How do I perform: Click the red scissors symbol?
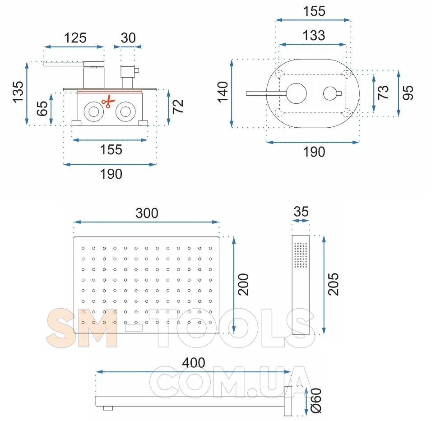[108, 102]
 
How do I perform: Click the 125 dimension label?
[75, 38]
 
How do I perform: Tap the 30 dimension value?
[128, 38]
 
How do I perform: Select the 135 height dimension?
[18, 93]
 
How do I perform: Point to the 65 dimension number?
[42, 108]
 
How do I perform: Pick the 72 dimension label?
[178, 106]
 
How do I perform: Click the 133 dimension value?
[314, 36]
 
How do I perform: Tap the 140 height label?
[223, 93]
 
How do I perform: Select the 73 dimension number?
[383, 93]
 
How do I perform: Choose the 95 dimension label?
[408, 93]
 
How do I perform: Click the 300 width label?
[147, 213]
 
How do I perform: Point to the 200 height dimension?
[243, 284]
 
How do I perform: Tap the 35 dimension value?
[301, 212]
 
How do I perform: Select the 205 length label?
[334, 284]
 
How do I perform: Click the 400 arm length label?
[194, 363]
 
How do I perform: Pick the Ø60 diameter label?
[316, 401]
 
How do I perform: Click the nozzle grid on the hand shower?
[301, 255]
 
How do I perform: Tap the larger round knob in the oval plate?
[297, 93]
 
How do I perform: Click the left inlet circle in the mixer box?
[94, 112]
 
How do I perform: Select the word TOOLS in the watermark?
[232, 328]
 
